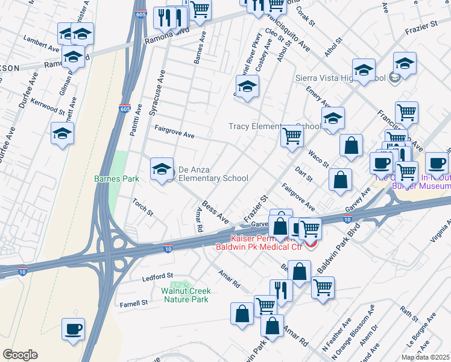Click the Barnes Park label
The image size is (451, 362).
pyautogui.click(x=117, y=179)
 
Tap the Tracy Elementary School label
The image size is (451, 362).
pyautogui.click(x=274, y=126)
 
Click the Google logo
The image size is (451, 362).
pyautogui.click(x=20, y=355)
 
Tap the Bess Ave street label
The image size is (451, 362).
pyautogui.click(x=215, y=211)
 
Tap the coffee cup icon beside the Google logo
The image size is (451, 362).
pyautogui.click(x=73, y=329)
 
